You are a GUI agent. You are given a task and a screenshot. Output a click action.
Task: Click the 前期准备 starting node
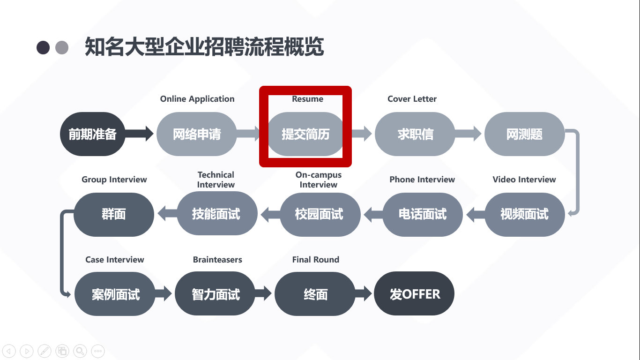pos(93,134)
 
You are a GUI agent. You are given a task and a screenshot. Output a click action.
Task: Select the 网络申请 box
pos(197,134)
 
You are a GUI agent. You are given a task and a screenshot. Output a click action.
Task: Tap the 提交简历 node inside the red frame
pos(305,134)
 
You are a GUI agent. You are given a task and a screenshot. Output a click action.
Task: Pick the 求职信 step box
pos(415,134)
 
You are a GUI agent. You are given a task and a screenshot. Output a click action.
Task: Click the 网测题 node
pos(524,134)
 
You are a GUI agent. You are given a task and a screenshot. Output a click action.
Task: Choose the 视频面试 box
pos(524,214)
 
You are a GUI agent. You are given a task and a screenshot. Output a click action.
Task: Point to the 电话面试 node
pos(423,214)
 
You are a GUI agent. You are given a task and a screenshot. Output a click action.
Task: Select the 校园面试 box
pos(319,214)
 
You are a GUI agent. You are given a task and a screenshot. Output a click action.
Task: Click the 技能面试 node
pos(216,214)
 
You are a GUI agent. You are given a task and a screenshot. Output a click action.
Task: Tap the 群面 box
pos(114,214)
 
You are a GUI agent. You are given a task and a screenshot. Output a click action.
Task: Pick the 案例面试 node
pos(115,294)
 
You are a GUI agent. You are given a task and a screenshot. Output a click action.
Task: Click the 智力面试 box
pos(216,294)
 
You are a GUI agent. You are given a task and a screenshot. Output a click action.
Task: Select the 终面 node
pos(315,294)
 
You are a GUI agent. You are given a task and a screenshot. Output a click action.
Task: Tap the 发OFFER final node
pos(415,294)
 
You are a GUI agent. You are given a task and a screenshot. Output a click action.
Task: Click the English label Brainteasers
pos(217,259)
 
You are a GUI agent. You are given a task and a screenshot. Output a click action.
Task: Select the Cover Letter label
pos(412,99)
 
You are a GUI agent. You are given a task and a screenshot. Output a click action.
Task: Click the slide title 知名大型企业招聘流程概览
pos(204,47)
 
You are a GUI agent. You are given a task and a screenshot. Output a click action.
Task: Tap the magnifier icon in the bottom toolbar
pos(80,351)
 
